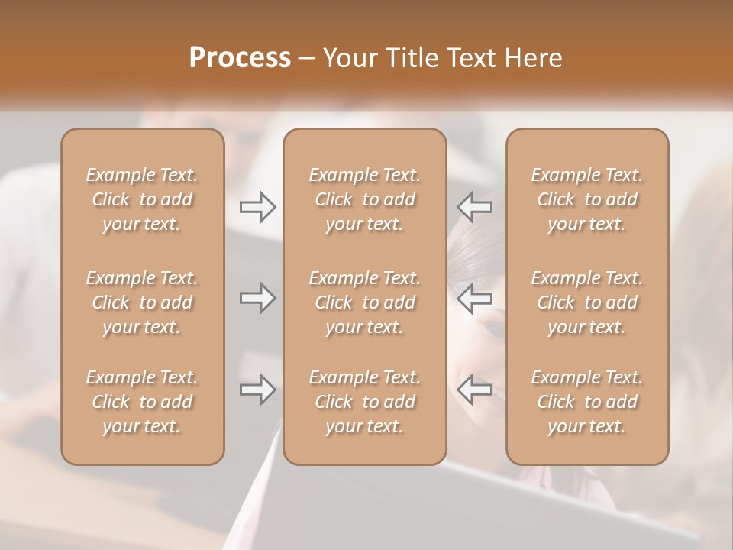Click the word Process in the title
pos(240,58)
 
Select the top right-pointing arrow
pos(258,207)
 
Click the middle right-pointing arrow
pos(258,298)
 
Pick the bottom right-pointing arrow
pos(258,390)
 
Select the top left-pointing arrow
pos(474,207)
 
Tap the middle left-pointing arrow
pos(474,298)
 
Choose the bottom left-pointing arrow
pos(474,390)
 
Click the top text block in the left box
pos(142,199)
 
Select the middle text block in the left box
pos(142,302)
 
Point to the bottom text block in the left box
pos(142,402)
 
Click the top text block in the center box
pos(364,199)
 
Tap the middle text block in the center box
pos(364,302)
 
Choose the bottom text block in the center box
pos(364,402)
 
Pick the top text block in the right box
pos(586,199)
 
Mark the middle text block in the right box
pos(586,302)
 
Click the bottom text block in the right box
pos(586,402)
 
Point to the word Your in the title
pos(347,58)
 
